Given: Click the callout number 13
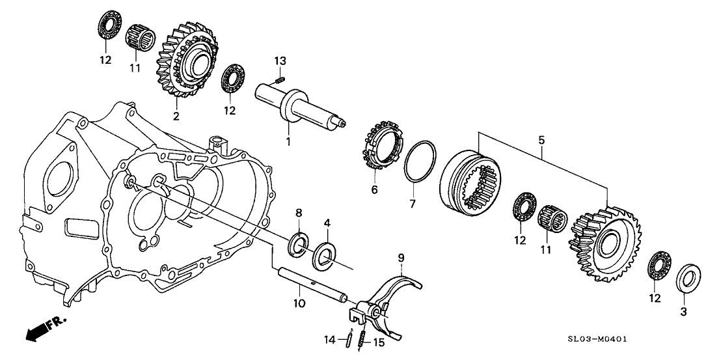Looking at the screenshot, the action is pos(280,61).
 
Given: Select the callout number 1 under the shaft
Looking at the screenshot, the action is pos(288,142).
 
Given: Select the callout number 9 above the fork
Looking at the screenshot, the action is pos(401,258).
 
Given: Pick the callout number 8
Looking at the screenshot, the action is pos(299,213).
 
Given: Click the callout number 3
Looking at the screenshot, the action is pos(683,312).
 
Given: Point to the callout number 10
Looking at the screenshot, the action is pos(299,303).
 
